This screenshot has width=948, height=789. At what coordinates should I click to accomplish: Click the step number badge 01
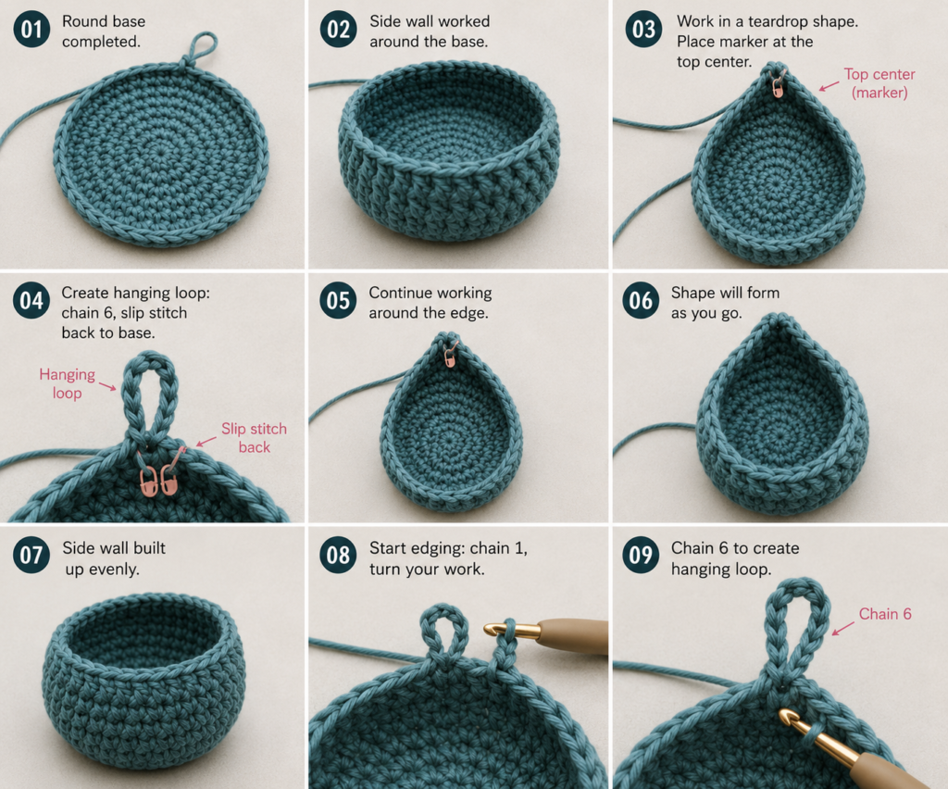31,30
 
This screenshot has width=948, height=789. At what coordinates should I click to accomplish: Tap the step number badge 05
338,300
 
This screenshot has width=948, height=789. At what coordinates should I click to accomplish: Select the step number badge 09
641,555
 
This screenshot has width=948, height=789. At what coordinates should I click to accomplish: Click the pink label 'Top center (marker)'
879,83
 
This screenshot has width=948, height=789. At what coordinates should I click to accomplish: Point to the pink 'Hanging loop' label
67,384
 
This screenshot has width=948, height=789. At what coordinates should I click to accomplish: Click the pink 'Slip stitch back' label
254,438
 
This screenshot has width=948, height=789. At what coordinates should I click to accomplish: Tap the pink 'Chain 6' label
885,614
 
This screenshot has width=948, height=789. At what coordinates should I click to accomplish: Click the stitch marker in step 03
778,86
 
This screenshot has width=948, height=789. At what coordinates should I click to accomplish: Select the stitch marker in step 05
451,356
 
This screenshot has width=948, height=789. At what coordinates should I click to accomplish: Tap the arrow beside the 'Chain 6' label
842,628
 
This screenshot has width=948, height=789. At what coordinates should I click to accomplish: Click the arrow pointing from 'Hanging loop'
107,386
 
